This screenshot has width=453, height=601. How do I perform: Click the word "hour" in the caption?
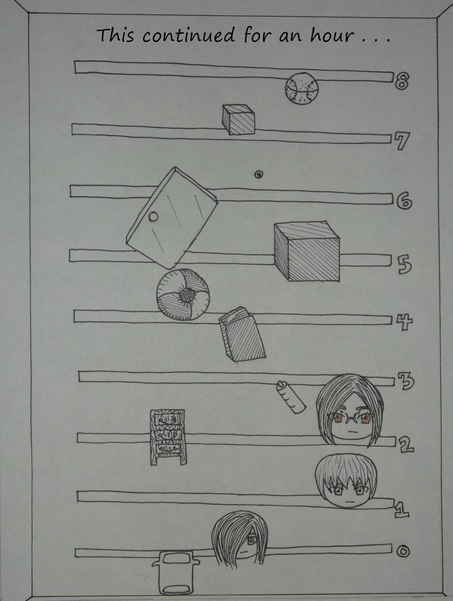(x=333, y=35)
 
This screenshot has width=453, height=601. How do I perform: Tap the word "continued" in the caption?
(x=189, y=35)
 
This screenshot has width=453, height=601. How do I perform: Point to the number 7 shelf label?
(x=402, y=140)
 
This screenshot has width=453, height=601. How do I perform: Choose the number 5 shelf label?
(x=404, y=264)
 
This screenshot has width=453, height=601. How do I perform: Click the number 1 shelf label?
(x=402, y=509)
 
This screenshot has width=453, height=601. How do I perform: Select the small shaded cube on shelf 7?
(x=239, y=120)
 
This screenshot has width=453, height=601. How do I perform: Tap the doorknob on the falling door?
(x=153, y=217)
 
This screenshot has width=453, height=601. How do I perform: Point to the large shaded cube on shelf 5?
(x=307, y=251)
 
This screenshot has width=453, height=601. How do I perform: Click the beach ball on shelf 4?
(x=183, y=294)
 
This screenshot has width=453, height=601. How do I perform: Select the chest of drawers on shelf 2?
(x=168, y=437)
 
